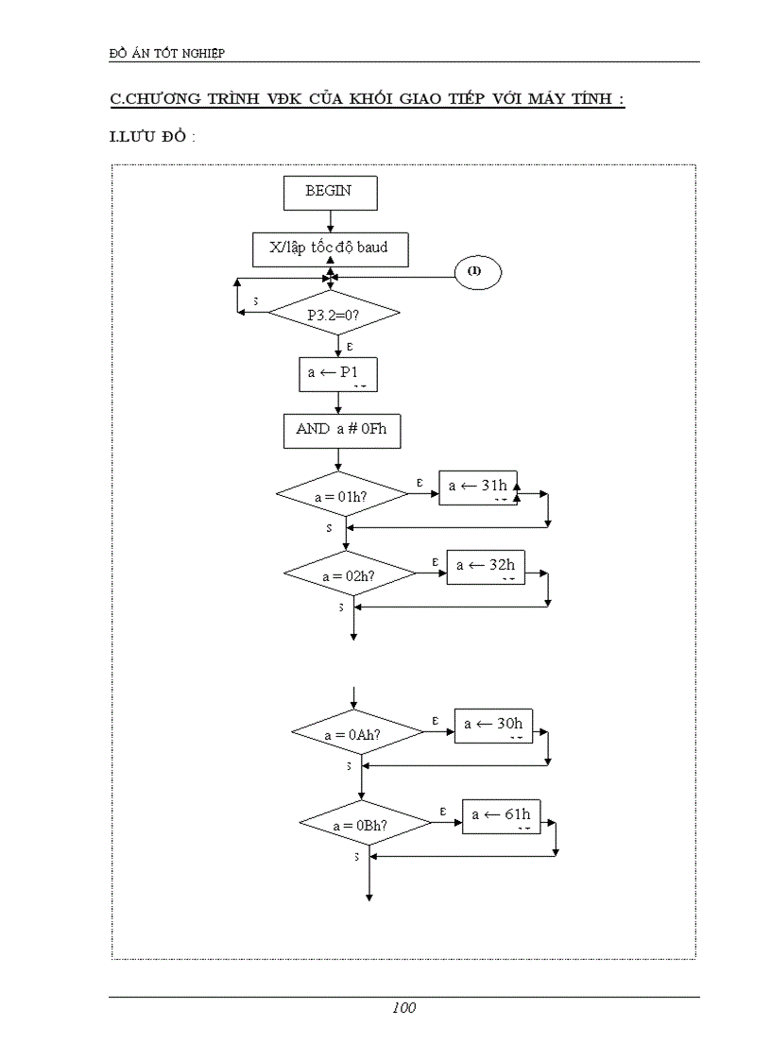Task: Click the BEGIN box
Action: point(330,191)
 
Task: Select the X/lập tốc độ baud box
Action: point(330,248)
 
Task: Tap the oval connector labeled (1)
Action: point(476,272)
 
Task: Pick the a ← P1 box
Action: point(337,373)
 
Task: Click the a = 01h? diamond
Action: point(341,494)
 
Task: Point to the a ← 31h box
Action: point(479,487)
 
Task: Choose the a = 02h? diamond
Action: point(350,573)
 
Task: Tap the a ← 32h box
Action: point(486,567)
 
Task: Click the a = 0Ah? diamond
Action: point(356,733)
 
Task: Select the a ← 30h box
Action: point(493,726)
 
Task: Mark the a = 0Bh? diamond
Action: point(365,824)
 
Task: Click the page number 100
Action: point(403,1007)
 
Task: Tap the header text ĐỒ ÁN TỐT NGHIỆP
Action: point(167,53)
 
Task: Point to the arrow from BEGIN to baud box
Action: point(330,221)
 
